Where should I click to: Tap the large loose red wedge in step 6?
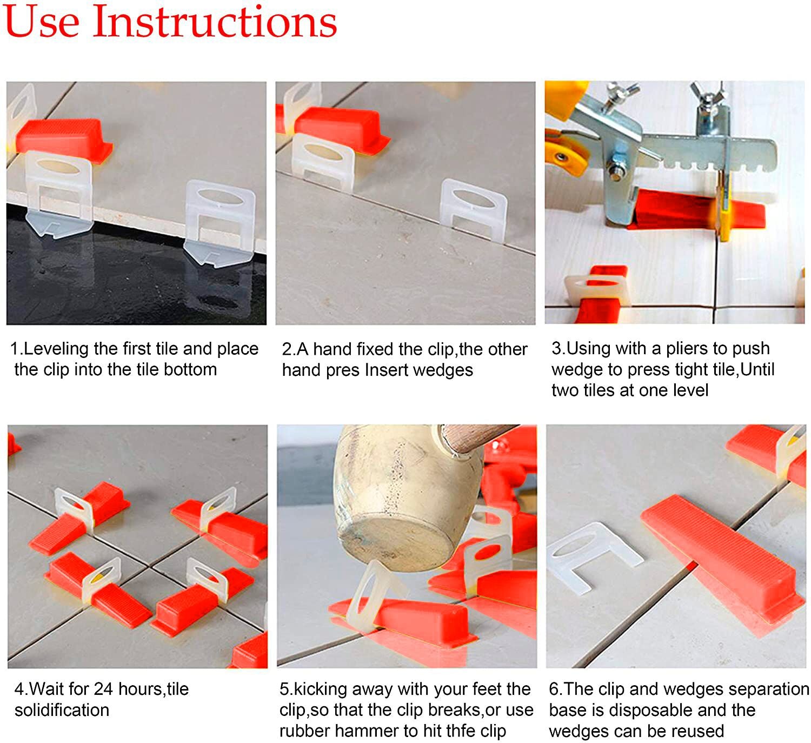coord(719,557)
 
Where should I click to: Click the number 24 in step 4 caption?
coord(103,689)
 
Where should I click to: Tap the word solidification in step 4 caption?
coord(62,710)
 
